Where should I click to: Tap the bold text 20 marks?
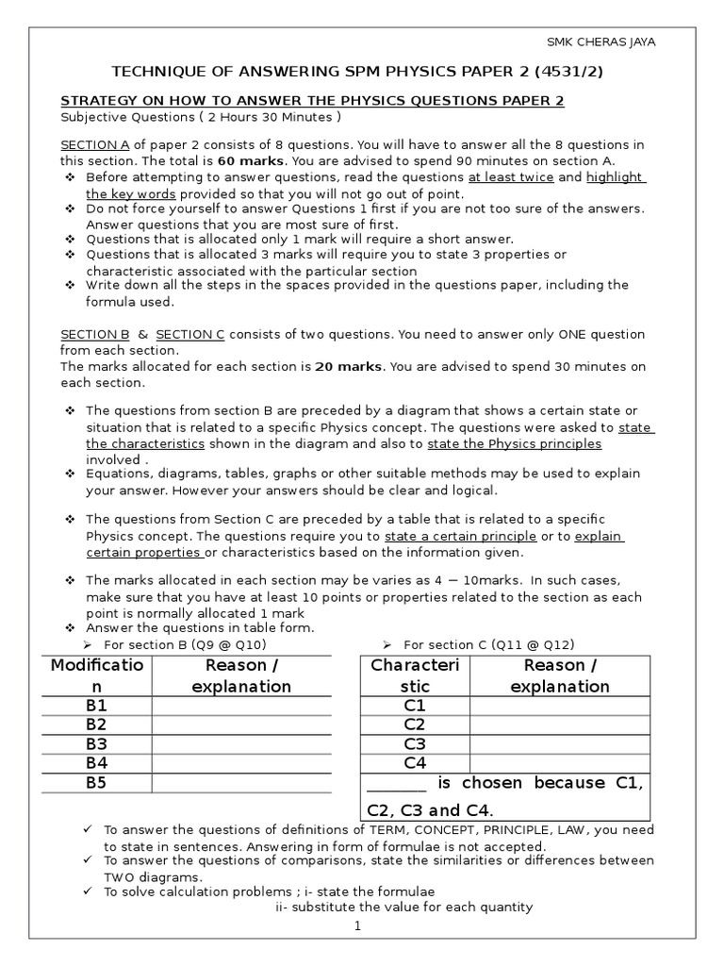(x=347, y=367)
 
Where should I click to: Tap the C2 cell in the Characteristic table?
(x=415, y=724)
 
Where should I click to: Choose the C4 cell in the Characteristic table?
(x=415, y=762)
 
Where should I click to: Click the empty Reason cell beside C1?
(x=559, y=706)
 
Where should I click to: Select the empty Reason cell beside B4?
(x=240, y=763)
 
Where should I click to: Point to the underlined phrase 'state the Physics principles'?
(x=514, y=443)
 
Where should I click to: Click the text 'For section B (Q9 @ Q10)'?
(x=185, y=644)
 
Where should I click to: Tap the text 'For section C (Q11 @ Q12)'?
(x=488, y=644)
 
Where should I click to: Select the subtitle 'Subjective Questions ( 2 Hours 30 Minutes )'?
(x=200, y=117)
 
